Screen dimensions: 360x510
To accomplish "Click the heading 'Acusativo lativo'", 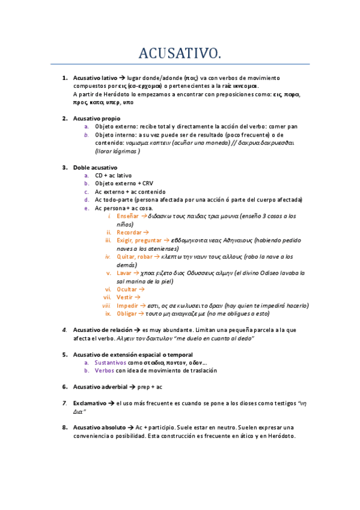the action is pyautogui.click(x=95, y=78).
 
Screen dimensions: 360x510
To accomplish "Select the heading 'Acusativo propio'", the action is pyautogui.click(x=96, y=118).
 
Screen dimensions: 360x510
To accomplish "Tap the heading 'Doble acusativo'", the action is pyautogui.click(x=95, y=167).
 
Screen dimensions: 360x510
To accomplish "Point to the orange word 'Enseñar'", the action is pyautogui.click(x=127, y=216).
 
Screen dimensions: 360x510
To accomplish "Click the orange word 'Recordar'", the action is pyautogui.click(x=129, y=232).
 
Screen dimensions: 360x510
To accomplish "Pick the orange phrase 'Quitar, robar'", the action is pyautogui.click(x=135, y=256).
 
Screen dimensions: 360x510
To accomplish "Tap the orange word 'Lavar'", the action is pyautogui.click(x=124, y=272).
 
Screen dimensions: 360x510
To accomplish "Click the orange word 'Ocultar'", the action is pyautogui.click(x=127, y=289).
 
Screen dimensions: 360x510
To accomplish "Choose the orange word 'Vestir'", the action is pyautogui.click(x=125, y=297).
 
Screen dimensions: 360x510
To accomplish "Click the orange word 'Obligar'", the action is pyautogui.click(x=127, y=313).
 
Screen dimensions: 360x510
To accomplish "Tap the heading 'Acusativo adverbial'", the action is pyautogui.click(x=100, y=387).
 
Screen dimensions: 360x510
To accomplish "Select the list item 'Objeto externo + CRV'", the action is pyautogui.click(x=124, y=183).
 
